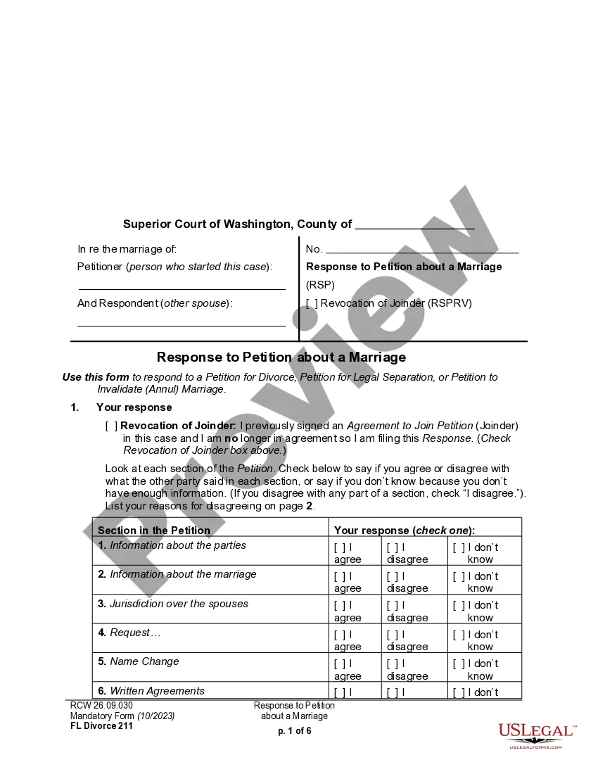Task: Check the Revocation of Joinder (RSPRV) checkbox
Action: pyautogui.click(x=312, y=304)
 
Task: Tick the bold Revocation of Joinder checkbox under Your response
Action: pyautogui.click(x=111, y=426)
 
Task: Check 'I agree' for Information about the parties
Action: pyautogui.click(x=339, y=547)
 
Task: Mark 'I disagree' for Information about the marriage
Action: pyautogui.click(x=392, y=576)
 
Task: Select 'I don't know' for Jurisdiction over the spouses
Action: pyautogui.click(x=459, y=605)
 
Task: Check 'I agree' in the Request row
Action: pyautogui.click(x=339, y=635)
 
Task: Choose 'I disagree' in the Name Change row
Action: pyautogui.click(x=392, y=664)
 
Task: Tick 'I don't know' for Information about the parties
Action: pyautogui.click(x=459, y=547)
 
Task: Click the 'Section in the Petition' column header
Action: pyautogui.click(x=154, y=531)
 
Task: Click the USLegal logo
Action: pyautogui.click(x=536, y=734)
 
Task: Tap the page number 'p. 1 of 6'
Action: pyautogui.click(x=294, y=730)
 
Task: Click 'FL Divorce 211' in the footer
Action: pyautogui.click(x=101, y=726)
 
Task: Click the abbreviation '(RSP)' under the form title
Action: pyautogui.click(x=320, y=285)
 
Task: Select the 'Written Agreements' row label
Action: pyautogui.click(x=157, y=691)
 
